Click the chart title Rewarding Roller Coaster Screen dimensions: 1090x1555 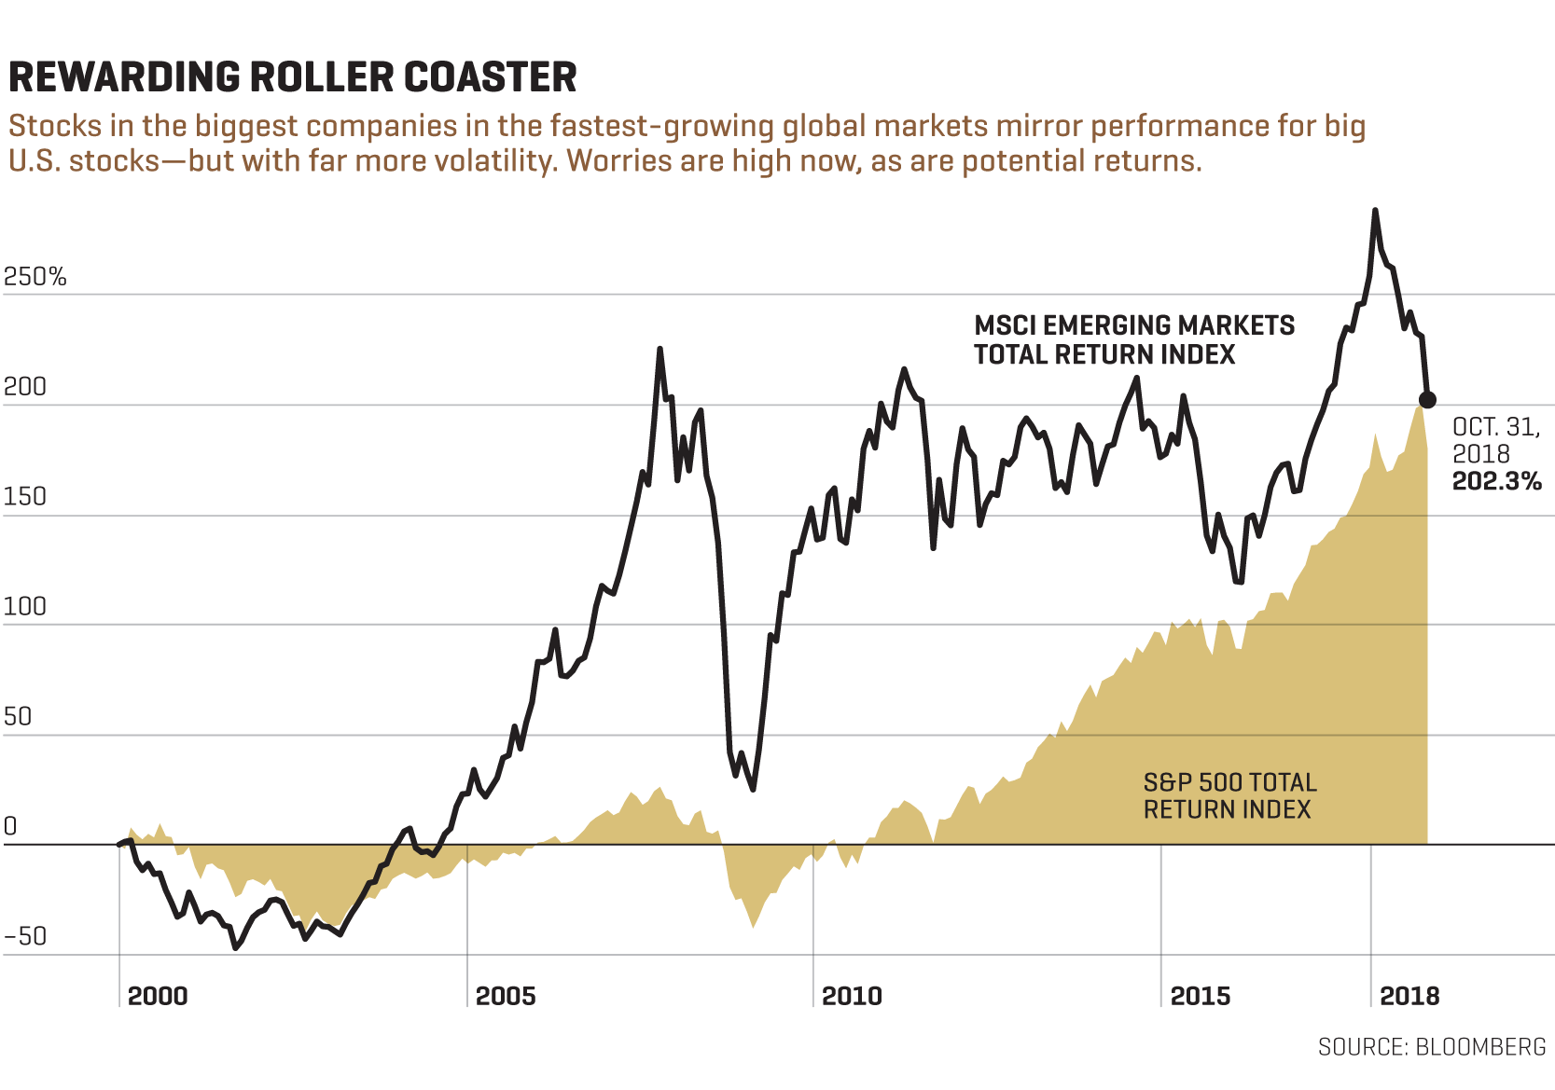point(292,77)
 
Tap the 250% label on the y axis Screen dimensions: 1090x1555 point(35,277)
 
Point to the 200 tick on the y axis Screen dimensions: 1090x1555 point(25,387)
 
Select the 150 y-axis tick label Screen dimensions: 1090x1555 point(25,496)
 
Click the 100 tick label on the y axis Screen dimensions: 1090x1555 point(25,606)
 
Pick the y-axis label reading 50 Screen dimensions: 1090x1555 point(19,716)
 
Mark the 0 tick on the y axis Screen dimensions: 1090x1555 point(10,826)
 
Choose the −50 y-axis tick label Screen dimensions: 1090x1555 point(25,936)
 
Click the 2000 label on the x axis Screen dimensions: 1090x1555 point(158,996)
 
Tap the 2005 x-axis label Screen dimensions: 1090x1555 point(506,996)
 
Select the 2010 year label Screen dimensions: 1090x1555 point(852,996)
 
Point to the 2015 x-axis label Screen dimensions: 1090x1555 point(1201,996)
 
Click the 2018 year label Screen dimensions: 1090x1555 point(1409,996)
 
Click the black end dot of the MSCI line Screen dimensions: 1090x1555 point(1427,400)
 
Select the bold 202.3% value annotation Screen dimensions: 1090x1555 point(1496,481)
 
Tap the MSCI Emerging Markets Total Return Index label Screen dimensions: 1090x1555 point(1133,339)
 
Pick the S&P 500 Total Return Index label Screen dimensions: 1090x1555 point(1229,795)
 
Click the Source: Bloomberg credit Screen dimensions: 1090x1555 point(1432,1047)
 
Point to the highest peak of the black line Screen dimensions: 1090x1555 point(1375,211)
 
